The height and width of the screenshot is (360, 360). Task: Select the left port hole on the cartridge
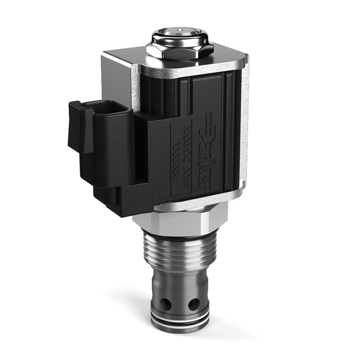(166, 305)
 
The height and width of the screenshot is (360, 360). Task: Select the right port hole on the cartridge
(193, 304)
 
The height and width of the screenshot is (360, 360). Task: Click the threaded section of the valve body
(180, 252)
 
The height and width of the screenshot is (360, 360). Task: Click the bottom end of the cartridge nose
(180, 329)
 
